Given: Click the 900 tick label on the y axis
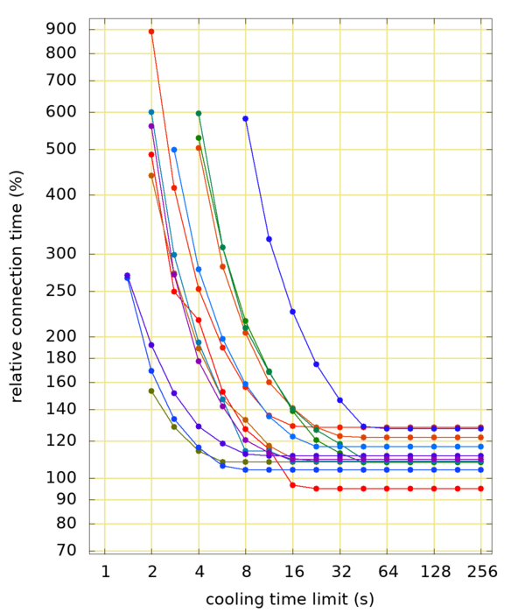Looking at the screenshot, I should click(63, 29).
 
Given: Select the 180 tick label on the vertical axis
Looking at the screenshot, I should click(63, 358).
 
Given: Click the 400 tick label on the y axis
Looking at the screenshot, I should click(63, 195).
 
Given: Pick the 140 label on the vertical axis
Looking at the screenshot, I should click(63, 409).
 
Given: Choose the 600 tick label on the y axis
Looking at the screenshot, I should click(63, 112).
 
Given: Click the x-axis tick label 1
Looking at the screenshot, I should click(105, 572).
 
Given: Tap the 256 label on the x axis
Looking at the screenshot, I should click(481, 572).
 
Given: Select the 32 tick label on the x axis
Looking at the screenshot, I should click(340, 572).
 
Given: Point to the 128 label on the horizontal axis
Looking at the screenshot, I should click(434, 572).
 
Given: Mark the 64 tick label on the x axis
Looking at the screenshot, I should click(388, 572).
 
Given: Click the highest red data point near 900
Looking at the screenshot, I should click(151, 32).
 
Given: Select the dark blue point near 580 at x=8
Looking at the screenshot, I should click(246, 118).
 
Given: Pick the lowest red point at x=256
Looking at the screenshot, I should click(481, 489).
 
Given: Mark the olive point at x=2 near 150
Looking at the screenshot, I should click(151, 391).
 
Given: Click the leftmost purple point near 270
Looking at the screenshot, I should click(128, 275).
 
